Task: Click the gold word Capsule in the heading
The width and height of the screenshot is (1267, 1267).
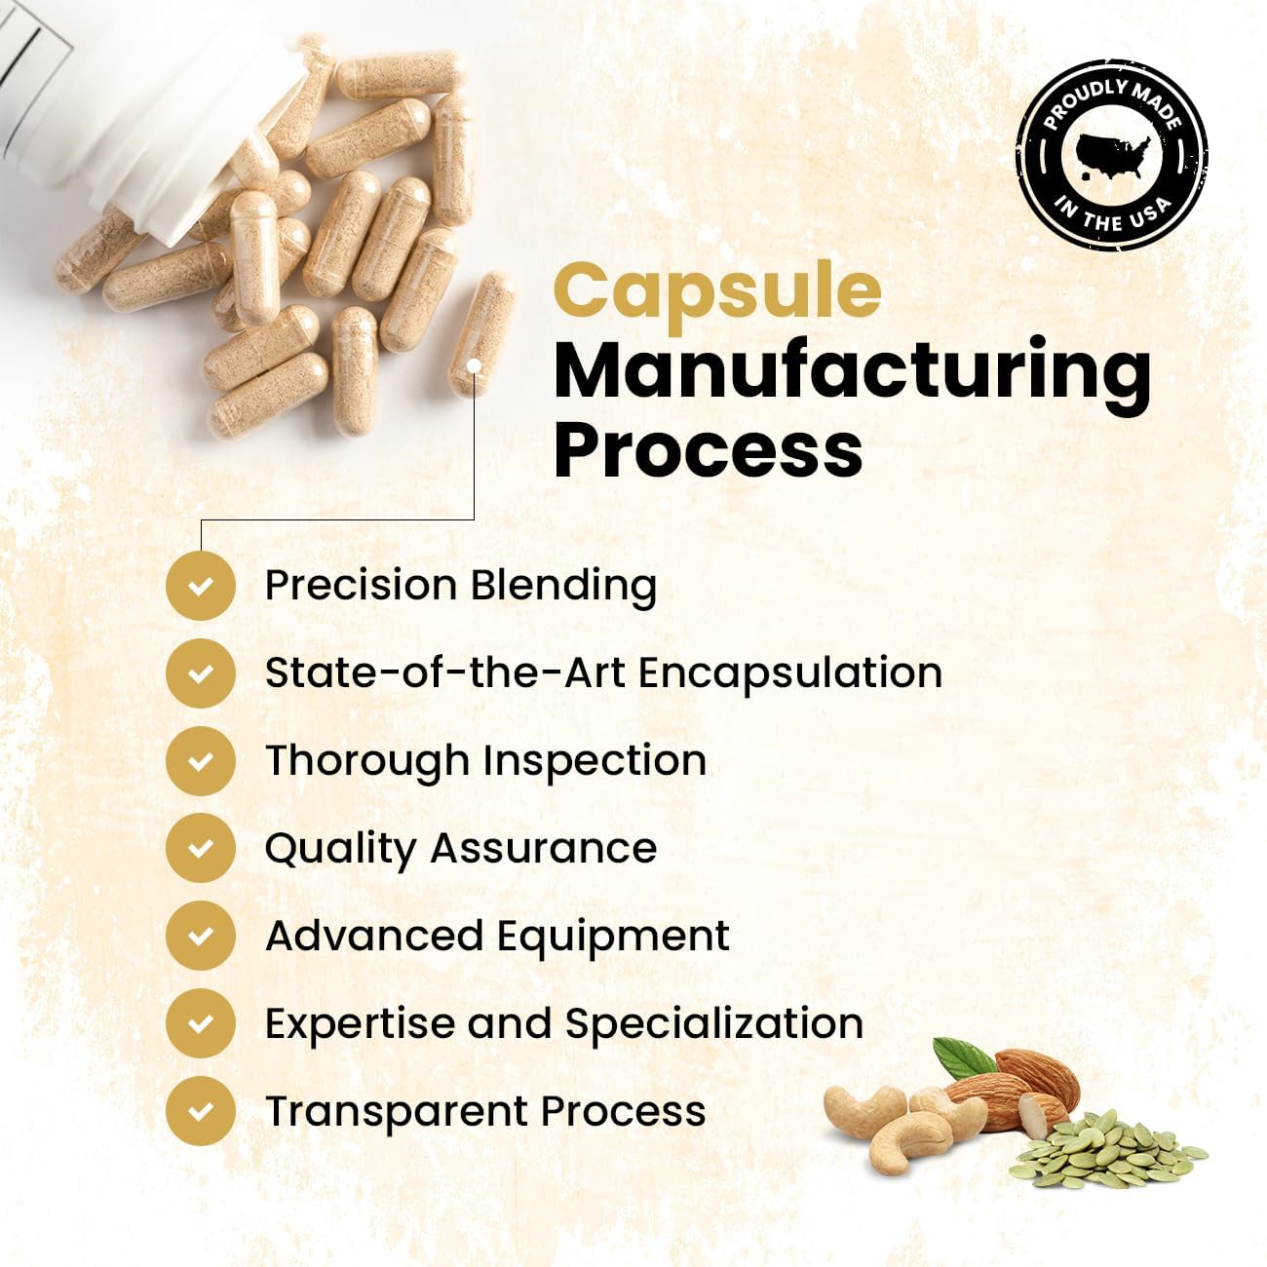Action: click(x=717, y=290)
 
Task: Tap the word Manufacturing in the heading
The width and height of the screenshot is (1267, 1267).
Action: click(x=852, y=370)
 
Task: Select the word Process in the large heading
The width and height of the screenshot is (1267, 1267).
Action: click(x=708, y=449)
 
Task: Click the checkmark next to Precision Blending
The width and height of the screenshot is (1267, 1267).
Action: click(x=201, y=586)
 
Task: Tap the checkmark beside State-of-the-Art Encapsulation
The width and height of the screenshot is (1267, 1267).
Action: click(x=201, y=673)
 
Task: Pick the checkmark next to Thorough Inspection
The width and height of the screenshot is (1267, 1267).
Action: click(x=201, y=761)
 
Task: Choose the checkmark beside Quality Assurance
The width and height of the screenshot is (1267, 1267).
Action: click(x=201, y=849)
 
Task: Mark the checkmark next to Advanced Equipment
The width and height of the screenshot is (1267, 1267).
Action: click(x=201, y=937)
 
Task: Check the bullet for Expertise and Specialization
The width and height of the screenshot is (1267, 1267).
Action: click(x=201, y=1024)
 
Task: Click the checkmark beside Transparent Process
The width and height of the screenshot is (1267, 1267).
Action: click(x=201, y=1112)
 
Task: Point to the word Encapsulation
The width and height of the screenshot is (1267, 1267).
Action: click(x=790, y=673)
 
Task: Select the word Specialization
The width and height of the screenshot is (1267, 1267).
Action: click(x=713, y=1024)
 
